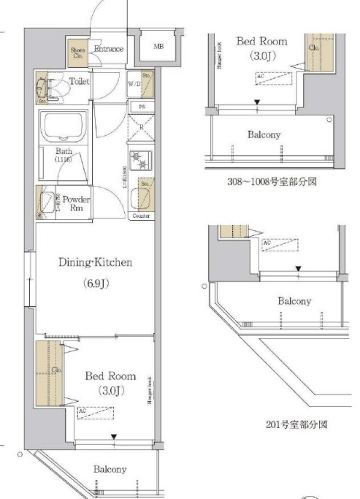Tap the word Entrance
108,49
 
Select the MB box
158,47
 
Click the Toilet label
79,81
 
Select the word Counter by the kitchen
142,216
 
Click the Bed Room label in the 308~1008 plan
261,41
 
